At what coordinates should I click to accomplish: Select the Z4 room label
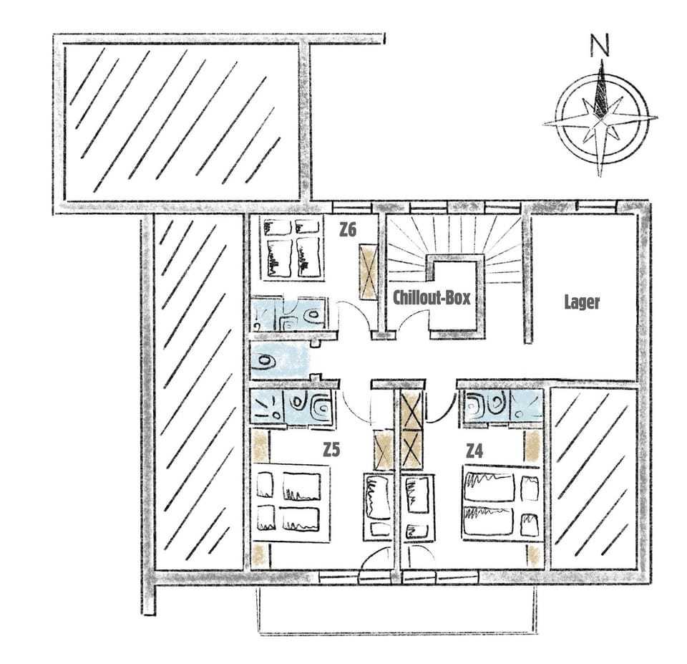tap(474, 451)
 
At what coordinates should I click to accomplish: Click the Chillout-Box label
tap(432, 297)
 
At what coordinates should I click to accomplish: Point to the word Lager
tap(581, 302)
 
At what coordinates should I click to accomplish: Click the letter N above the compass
tap(600, 46)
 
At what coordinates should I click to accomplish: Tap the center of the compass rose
tap(601, 120)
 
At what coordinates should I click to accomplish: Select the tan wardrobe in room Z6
tap(369, 272)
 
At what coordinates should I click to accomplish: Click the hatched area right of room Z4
tap(593, 478)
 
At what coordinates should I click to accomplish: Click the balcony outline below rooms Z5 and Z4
tap(396, 609)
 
